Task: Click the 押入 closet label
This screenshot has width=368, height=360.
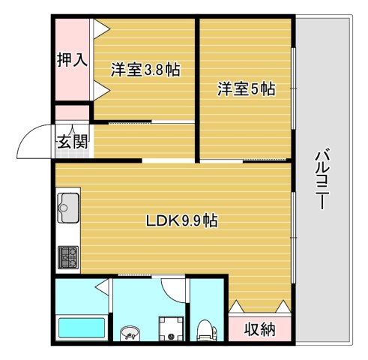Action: [73, 61]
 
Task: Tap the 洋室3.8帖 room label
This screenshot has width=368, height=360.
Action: [145, 70]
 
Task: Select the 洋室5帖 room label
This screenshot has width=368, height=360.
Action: [247, 89]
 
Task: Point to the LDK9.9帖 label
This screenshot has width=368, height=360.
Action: [181, 221]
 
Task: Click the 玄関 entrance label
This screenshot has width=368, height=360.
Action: [73, 140]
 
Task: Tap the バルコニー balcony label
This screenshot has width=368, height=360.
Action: [322, 180]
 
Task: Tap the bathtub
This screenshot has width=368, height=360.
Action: [82, 328]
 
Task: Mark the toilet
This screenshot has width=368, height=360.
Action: [205, 329]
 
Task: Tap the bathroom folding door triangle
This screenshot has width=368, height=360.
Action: [101, 286]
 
